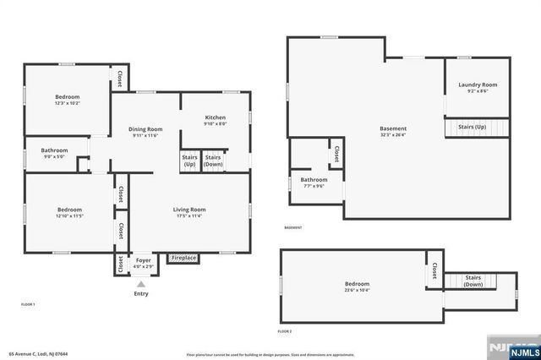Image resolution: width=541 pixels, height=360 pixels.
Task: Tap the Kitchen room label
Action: point(216,117)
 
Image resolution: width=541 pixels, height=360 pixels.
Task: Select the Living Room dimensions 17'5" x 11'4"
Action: point(190,215)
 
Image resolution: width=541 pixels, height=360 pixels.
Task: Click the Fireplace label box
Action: point(183,258)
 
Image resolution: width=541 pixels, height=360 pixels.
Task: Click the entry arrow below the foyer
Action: point(140,285)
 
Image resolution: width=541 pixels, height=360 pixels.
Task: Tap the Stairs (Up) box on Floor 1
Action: point(189,160)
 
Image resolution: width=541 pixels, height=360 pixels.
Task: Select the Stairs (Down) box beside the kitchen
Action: point(213,160)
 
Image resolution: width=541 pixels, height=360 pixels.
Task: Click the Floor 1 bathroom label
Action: point(54,150)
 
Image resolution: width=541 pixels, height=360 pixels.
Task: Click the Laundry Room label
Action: point(478,85)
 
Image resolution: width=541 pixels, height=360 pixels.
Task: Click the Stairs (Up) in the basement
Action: point(473,127)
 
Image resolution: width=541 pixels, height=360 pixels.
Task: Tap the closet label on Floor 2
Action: point(434,270)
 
